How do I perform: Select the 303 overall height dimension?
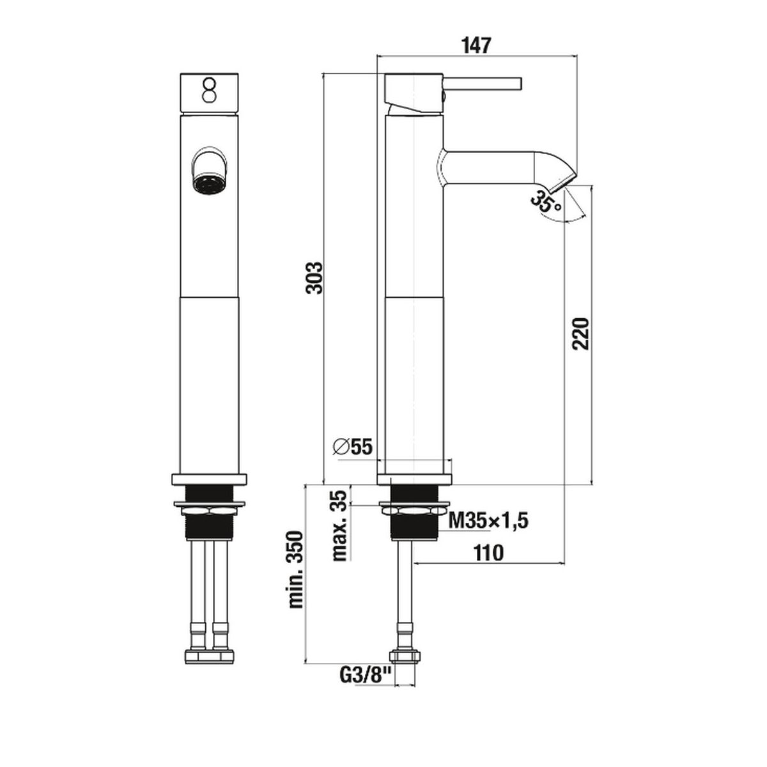tap(314, 277)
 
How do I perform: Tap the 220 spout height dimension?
tap(581, 334)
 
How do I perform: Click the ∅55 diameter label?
tap(353, 447)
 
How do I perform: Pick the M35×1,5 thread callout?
tap(488, 520)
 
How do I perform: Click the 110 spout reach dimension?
tap(488, 552)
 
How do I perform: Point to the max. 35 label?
tap(339, 526)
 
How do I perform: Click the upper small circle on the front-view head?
tap(209, 84)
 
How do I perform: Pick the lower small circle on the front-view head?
tap(209, 97)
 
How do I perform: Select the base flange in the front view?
tap(209, 479)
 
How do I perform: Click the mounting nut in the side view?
tap(414, 510)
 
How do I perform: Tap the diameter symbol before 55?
tap(341, 447)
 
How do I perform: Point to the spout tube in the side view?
tap(490, 167)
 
